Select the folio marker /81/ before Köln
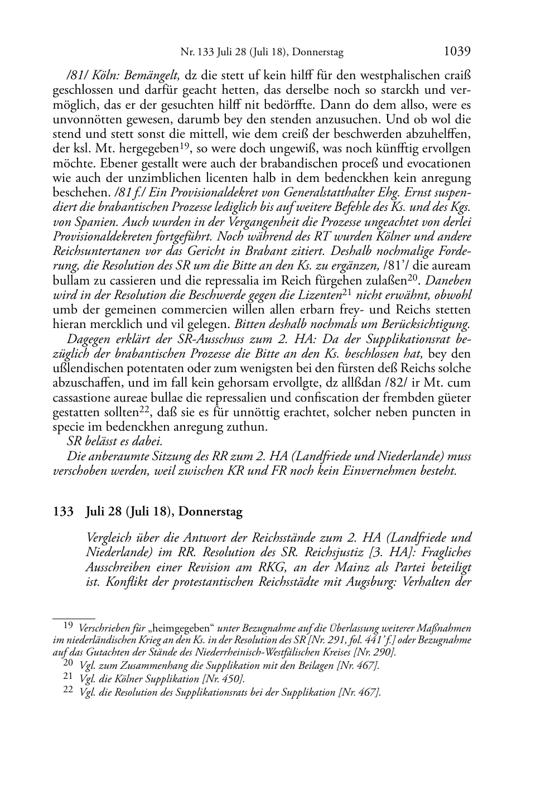78,75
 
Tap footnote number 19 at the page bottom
67,626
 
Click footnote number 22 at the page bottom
67,691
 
